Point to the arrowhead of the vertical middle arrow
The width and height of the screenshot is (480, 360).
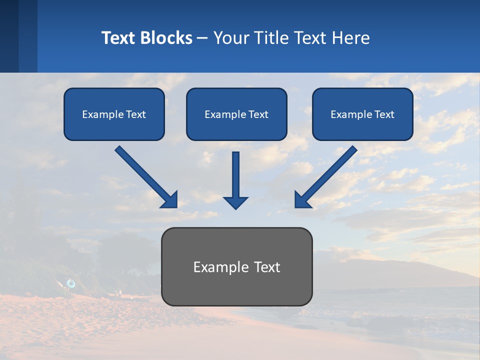click(x=235, y=202)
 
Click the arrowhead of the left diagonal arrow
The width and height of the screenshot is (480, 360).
click(x=170, y=200)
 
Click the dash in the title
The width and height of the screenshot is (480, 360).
click(x=202, y=38)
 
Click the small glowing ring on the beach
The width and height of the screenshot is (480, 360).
click(x=71, y=283)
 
